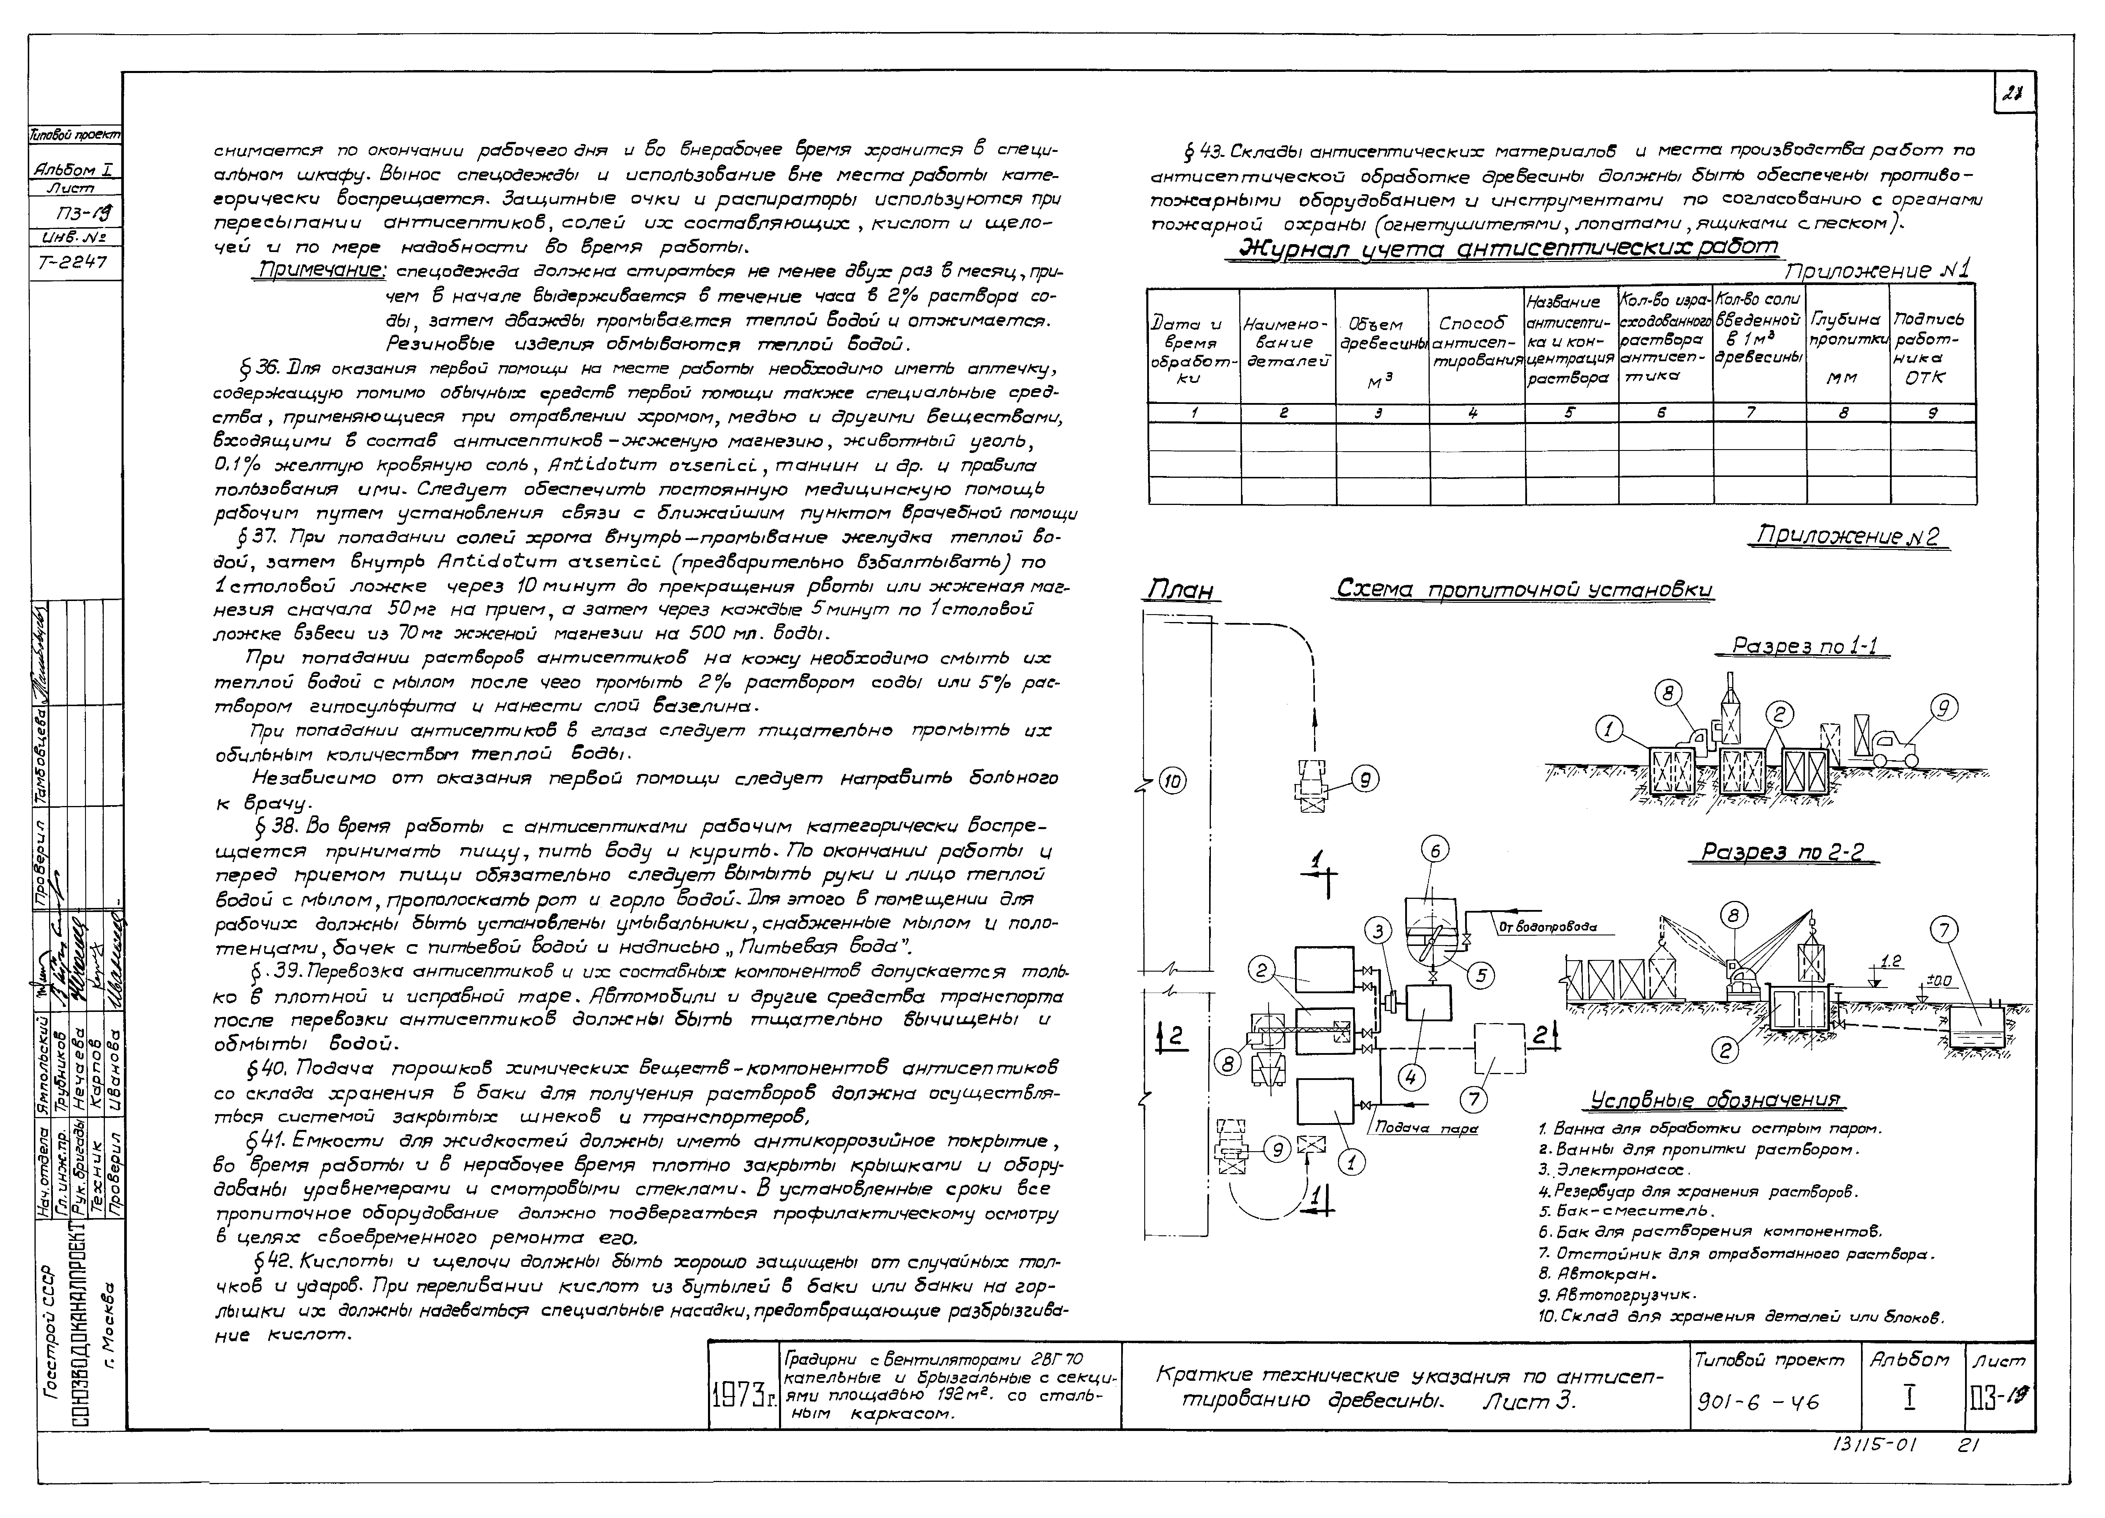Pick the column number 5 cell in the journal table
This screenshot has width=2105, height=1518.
(1570, 414)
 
